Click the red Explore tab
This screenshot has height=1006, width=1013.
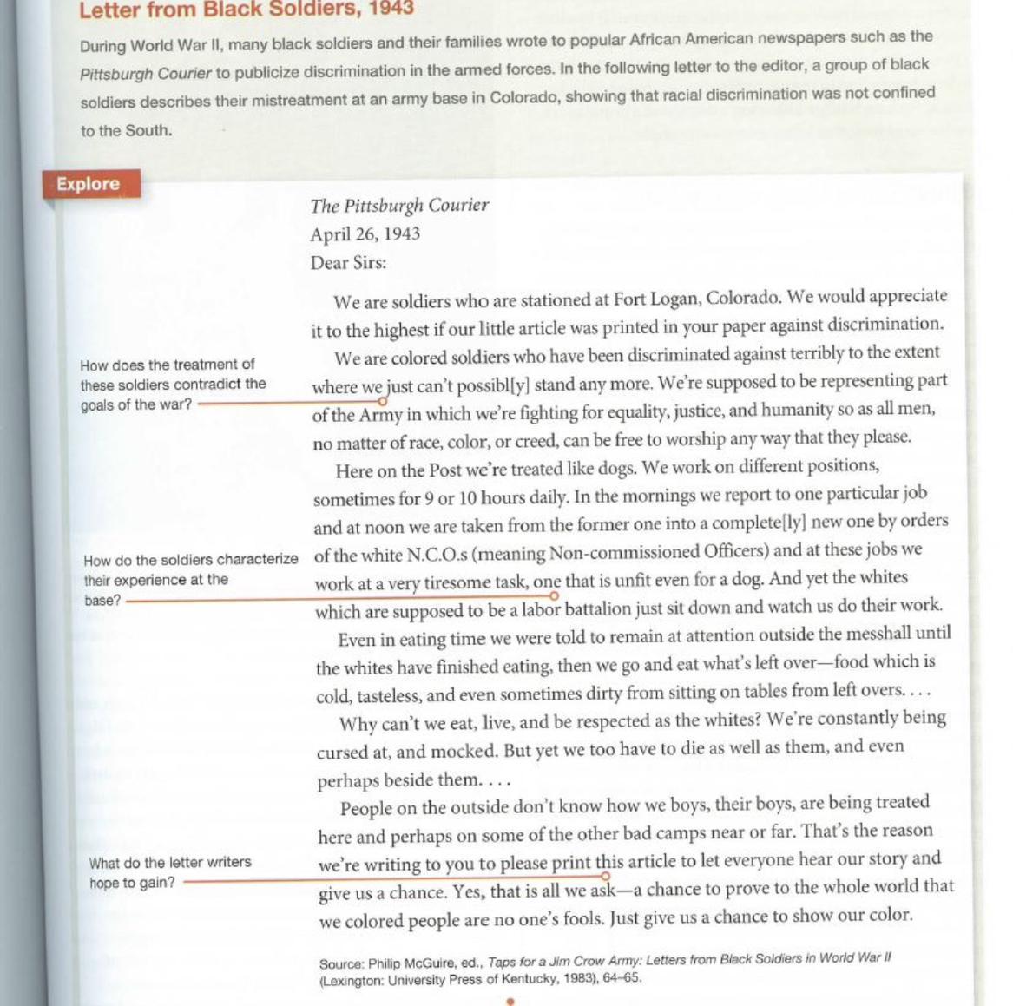89,184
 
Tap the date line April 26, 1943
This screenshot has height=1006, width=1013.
365,234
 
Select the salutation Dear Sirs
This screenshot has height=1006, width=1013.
348,263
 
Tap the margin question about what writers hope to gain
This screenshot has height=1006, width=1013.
169,872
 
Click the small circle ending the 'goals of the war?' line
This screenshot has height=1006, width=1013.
382,401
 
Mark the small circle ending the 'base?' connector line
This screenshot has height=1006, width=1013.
554,595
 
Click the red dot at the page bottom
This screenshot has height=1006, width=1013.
510,1001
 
